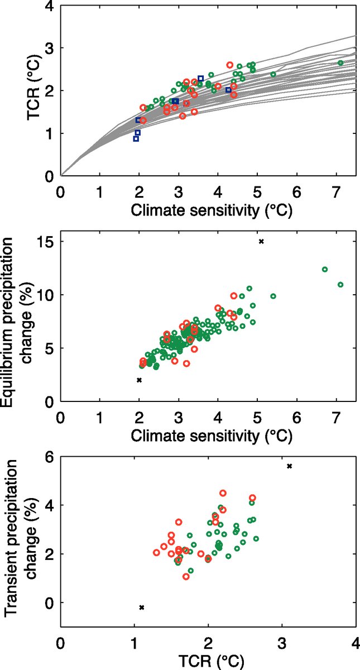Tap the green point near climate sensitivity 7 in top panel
(x=340, y=63)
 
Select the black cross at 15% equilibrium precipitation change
(x=261, y=241)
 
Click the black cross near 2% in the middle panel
(x=139, y=380)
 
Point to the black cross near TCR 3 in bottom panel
(x=289, y=466)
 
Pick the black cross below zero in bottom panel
(x=142, y=607)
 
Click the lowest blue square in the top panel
(x=136, y=138)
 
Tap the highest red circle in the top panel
(x=230, y=65)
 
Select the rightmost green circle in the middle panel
(x=340, y=284)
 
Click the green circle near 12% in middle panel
(x=325, y=269)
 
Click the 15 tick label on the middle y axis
(x=46, y=242)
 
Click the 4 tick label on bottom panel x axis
(x=356, y=641)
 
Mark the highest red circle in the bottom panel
(x=223, y=493)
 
